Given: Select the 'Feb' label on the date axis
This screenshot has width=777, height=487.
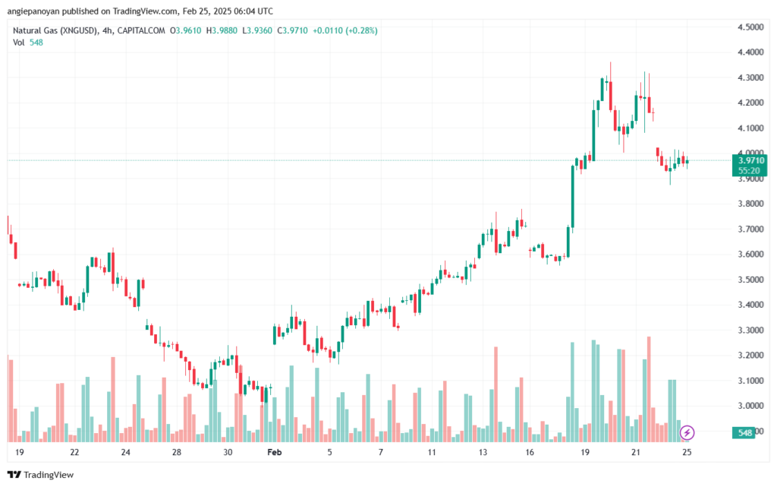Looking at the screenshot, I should [275, 451].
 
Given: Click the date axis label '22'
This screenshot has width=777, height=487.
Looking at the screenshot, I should [74, 451].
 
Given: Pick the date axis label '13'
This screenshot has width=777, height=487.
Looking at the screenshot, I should [483, 451].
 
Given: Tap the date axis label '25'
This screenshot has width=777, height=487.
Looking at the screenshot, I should [687, 451].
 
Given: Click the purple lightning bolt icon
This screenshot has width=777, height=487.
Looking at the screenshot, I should [687, 432].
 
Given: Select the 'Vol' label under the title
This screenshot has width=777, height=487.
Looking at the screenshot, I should [18, 43].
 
